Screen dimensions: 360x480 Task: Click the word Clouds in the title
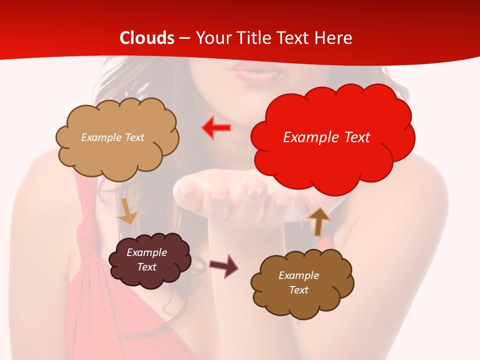coord(147,38)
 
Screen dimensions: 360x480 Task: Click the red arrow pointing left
coord(216,127)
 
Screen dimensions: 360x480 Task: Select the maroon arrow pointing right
coord(223,265)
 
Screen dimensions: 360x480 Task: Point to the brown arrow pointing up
coord(319,220)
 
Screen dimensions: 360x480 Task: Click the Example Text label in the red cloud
coord(326,137)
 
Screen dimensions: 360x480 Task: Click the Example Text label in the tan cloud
coord(112,137)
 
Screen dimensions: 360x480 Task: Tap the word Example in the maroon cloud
coord(146,252)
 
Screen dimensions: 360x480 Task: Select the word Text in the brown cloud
coord(298,290)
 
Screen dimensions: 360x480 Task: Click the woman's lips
coord(254,75)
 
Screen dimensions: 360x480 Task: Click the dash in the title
coord(185,38)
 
